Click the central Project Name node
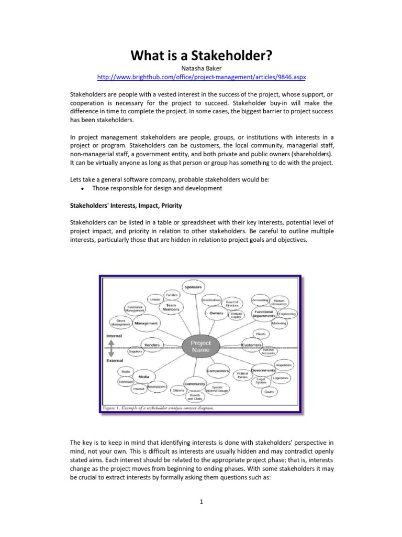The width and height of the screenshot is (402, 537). (x=200, y=347)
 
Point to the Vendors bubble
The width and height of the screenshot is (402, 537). (x=152, y=345)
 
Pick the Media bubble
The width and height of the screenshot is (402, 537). (x=144, y=377)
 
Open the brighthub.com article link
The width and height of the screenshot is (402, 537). (x=202, y=77)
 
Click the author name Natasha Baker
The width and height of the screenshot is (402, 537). (x=202, y=68)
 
